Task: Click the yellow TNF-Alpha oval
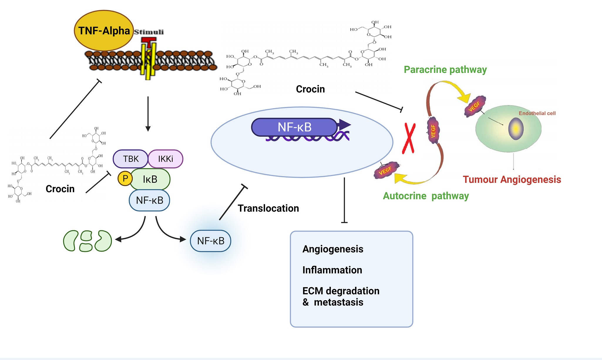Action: (104, 31)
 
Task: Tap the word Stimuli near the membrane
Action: (149, 32)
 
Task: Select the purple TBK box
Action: (130, 159)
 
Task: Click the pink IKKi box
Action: (166, 159)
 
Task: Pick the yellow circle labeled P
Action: (125, 178)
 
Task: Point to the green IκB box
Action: (150, 179)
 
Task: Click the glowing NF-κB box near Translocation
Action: (211, 241)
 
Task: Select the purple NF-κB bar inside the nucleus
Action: (294, 127)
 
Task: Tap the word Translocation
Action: (268, 208)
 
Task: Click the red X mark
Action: (408, 138)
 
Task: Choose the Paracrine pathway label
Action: (445, 70)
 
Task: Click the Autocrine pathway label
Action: (426, 196)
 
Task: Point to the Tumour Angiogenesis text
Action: (512, 179)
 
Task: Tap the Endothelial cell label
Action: (537, 113)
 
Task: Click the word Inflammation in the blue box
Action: (332, 270)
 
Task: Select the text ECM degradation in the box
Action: (341, 291)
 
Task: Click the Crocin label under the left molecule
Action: (60, 189)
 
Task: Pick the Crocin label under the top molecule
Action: (310, 89)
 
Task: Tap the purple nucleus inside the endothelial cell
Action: (516, 129)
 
